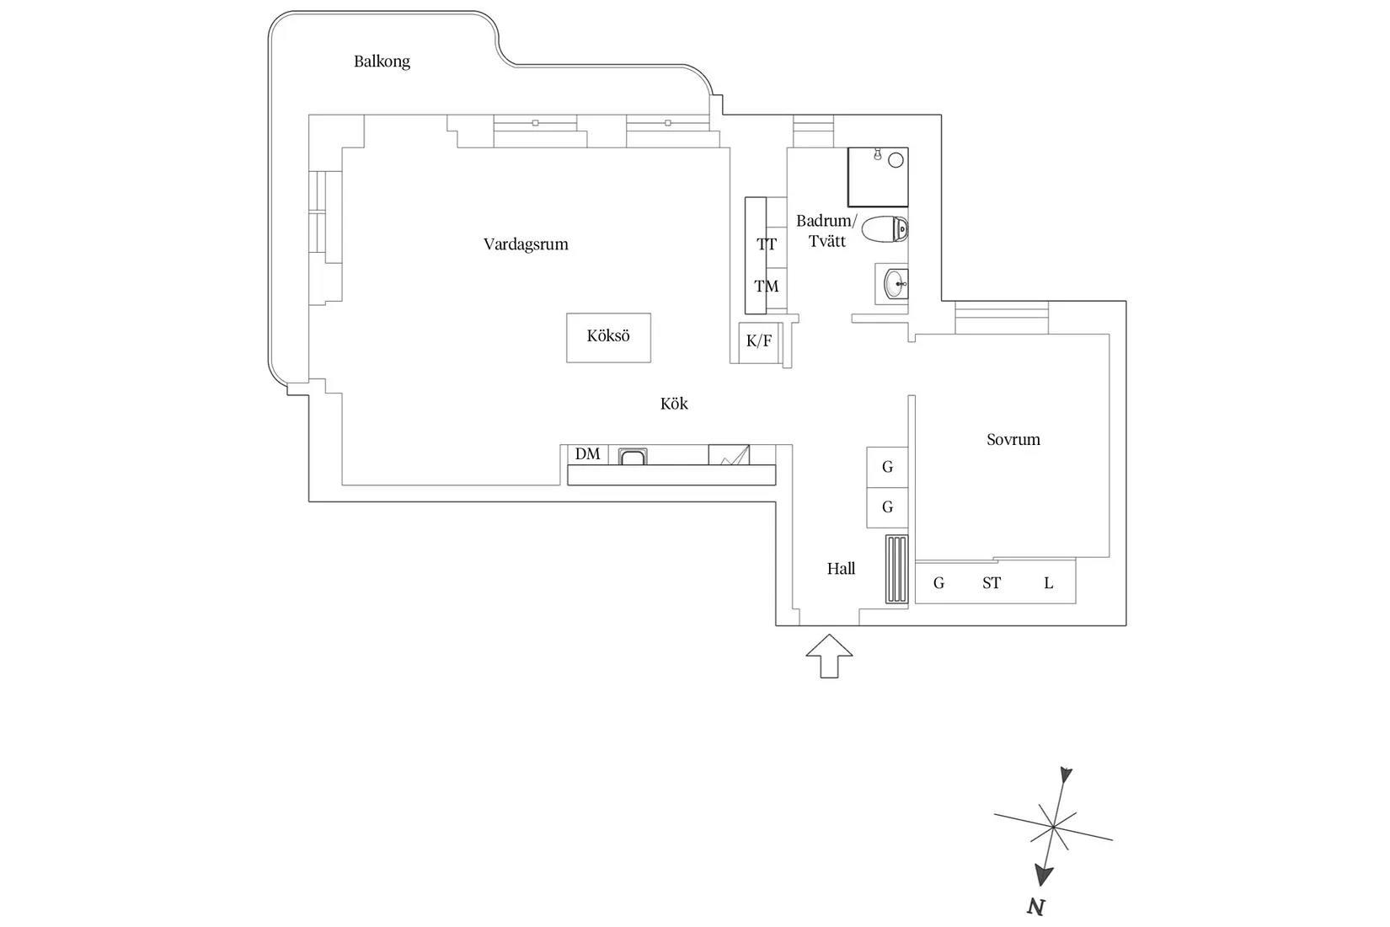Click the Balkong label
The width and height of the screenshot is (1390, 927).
(382, 62)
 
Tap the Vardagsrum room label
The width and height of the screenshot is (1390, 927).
(526, 244)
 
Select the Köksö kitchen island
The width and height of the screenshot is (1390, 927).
(609, 338)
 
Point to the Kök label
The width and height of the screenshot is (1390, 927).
(674, 404)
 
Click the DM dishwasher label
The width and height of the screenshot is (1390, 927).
(588, 454)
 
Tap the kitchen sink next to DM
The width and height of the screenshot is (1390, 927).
(633, 457)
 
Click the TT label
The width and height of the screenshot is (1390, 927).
(767, 244)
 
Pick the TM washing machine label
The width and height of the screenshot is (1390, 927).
(767, 287)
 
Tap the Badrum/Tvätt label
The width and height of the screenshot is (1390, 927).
(826, 231)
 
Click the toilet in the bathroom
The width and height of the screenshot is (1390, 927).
(885, 229)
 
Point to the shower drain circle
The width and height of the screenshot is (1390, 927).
(895, 160)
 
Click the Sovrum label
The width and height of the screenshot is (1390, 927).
(1013, 440)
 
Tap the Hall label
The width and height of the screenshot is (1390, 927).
(841, 569)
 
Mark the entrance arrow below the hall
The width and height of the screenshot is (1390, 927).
(829, 656)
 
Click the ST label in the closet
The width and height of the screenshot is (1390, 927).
(992, 583)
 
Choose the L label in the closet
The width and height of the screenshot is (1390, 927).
(1049, 583)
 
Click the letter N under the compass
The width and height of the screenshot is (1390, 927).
(1035, 907)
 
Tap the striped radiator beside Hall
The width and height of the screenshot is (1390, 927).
(896, 570)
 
